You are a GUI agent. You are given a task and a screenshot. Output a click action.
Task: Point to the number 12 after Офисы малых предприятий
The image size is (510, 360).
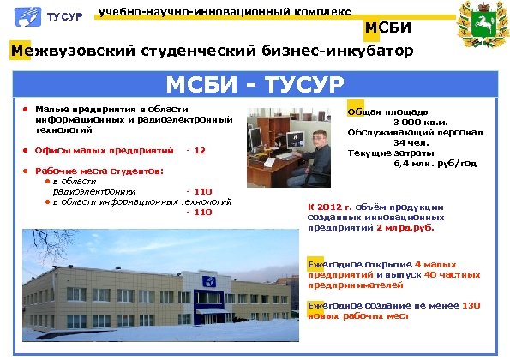200,151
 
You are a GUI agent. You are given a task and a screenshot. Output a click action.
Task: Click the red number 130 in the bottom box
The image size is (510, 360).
471,305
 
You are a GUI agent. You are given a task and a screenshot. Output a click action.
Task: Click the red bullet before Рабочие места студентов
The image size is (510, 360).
27,171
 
